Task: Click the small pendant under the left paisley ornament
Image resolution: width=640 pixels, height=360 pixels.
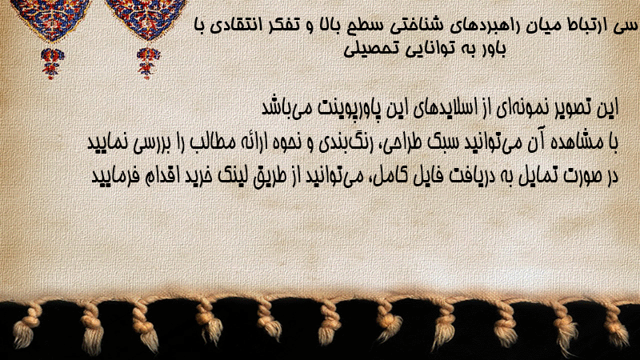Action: (x=52, y=63)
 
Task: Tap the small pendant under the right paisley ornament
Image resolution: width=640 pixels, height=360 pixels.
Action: (x=148, y=63)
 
